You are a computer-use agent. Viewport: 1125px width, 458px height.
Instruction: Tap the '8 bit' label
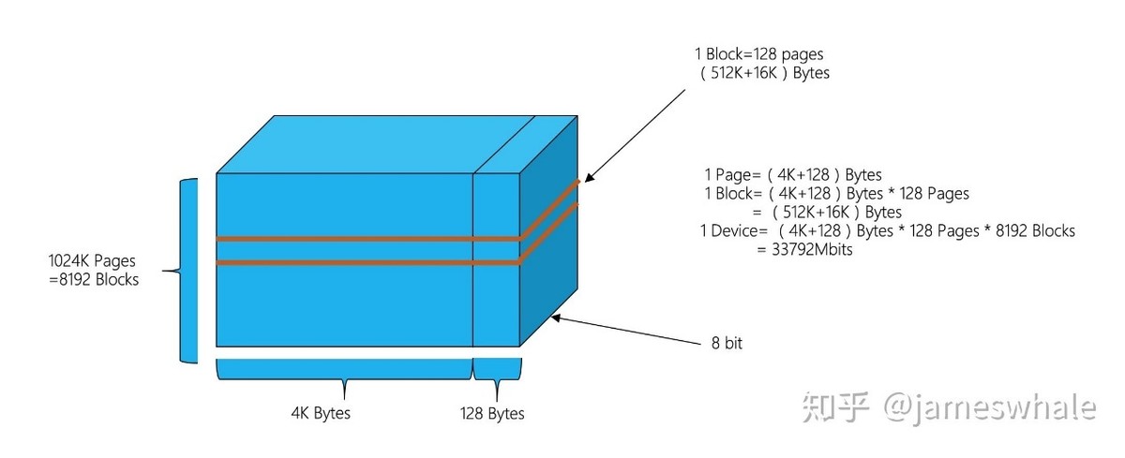point(727,343)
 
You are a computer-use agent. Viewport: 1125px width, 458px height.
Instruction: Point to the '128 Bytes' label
point(492,413)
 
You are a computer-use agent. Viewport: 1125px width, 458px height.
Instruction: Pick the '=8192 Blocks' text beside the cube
point(94,279)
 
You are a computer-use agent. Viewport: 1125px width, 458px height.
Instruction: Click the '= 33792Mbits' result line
point(803,250)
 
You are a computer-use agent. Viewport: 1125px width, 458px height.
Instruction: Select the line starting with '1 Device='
point(887,230)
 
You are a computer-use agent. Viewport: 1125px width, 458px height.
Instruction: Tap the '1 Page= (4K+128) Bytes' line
point(793,174)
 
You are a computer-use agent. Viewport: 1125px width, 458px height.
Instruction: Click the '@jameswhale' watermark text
point(990,407)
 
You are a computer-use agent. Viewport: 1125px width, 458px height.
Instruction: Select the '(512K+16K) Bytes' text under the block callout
point(764,72)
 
